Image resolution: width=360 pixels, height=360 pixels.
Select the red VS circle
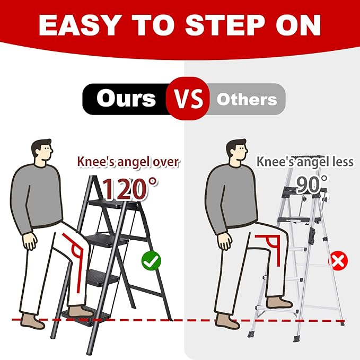pos(185,99)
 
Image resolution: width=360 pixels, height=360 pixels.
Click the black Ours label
pos(126,99)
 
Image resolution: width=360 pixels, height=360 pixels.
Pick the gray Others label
pos(247,99)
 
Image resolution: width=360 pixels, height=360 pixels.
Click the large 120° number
pos(129,188)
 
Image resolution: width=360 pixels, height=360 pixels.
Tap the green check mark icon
pos(151,261)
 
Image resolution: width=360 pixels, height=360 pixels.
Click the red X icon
pos(338,261)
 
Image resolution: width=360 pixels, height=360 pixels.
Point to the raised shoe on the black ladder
pos(80,310)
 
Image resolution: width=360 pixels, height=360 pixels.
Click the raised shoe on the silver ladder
pos(278,303)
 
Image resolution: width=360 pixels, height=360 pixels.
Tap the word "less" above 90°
pos(340,161)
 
